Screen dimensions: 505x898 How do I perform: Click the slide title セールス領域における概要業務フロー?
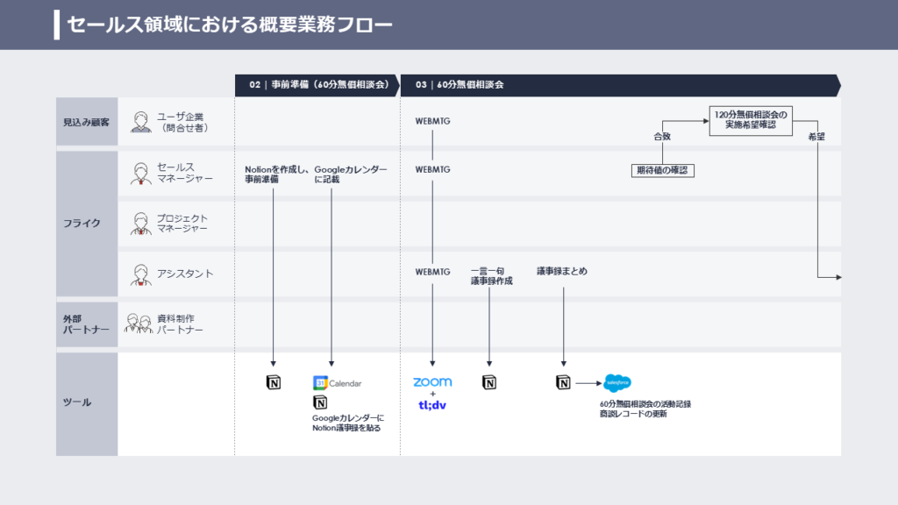tap(230, 25)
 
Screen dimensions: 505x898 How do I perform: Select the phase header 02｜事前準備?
tap(318, 85)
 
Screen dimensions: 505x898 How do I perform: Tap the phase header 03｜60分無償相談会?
tap(460, 85)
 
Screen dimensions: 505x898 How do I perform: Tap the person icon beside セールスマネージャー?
tap(141, 173)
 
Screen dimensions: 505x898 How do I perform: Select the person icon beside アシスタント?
tap(141, 274)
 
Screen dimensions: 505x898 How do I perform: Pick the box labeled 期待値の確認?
tap(662, 170)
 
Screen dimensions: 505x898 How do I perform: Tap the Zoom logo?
tap(432, 382)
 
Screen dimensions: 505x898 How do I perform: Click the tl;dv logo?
tap(432, 404)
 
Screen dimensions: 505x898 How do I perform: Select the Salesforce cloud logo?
tap(617, 382)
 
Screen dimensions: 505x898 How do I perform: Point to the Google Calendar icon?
tap(320, 383)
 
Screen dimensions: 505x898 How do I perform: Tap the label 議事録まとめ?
tap(562, 272)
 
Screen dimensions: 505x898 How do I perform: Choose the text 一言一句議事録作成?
tap(490, 276)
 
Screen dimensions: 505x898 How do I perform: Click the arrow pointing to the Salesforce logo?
tap(588, 382)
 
